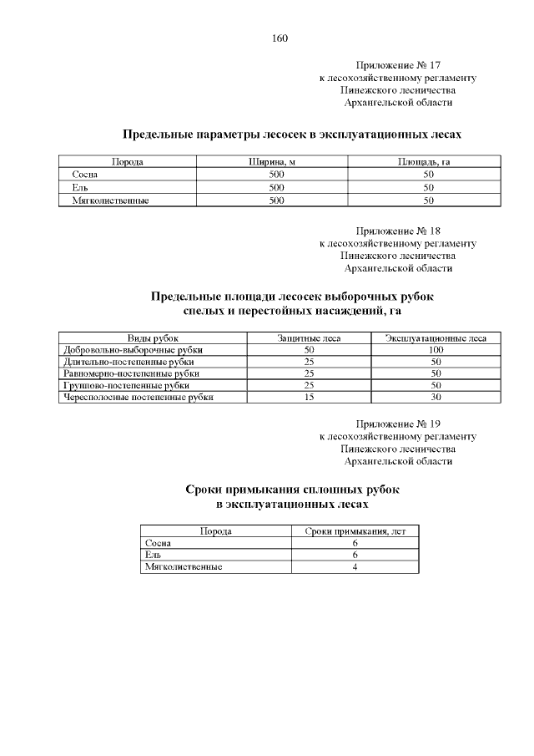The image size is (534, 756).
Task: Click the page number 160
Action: pos(280,38)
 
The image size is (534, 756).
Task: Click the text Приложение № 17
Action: pos(398,64)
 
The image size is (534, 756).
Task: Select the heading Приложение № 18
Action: pos(398,230)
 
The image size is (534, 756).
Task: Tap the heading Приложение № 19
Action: pos(398,423)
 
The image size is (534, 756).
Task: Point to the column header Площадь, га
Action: pos(429,161)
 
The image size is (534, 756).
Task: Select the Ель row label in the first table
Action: pos(80,187)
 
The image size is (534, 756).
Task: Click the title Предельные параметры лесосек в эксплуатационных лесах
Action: pos(291,134)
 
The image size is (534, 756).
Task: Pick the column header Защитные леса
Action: pos(309,337)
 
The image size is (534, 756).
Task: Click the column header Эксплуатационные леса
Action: pos(436,337)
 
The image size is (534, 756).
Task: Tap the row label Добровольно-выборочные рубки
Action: pos(133,350)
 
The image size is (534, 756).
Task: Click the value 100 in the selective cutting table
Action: pos(436,350)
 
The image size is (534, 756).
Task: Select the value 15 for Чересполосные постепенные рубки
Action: pos(309,398)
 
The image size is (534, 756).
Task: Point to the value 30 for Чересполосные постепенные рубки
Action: pos(436,398)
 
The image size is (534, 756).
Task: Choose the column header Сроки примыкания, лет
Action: pos(355,530)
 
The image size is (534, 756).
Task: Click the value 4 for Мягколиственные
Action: pos(355,566)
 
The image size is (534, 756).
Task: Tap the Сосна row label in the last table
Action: pos(158,543)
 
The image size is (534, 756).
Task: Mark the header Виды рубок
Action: pos(153,337)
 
